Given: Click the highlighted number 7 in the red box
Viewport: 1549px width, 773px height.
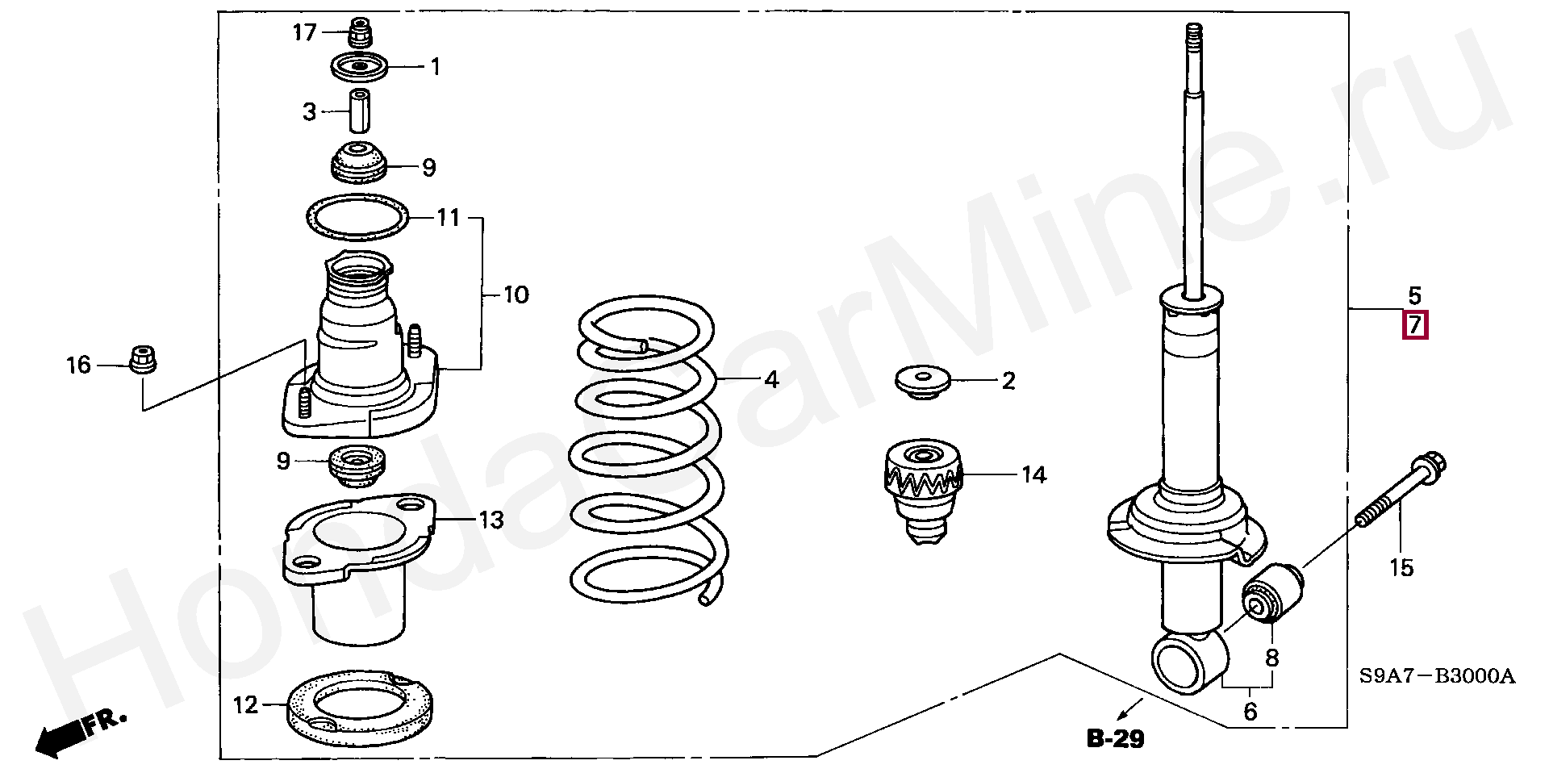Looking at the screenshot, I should click(1415, 325).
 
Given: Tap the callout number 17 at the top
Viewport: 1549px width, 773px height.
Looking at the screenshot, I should click(304, 33).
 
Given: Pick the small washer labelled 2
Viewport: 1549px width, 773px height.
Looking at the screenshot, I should click(923, 380).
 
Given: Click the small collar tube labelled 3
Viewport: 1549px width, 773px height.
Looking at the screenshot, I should click(358, 111).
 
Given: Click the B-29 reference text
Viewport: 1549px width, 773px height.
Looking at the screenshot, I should click(1115, 737).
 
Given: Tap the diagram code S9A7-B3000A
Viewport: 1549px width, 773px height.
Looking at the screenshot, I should click(1437, 676).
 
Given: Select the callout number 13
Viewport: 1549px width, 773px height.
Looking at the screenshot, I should click(491, 520).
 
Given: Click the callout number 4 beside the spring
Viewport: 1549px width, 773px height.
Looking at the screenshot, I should click(771, 379).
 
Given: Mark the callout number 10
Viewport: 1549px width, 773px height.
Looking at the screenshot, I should click(516, 295).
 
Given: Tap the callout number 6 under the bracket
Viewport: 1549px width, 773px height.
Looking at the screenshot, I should click(1250, 712).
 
